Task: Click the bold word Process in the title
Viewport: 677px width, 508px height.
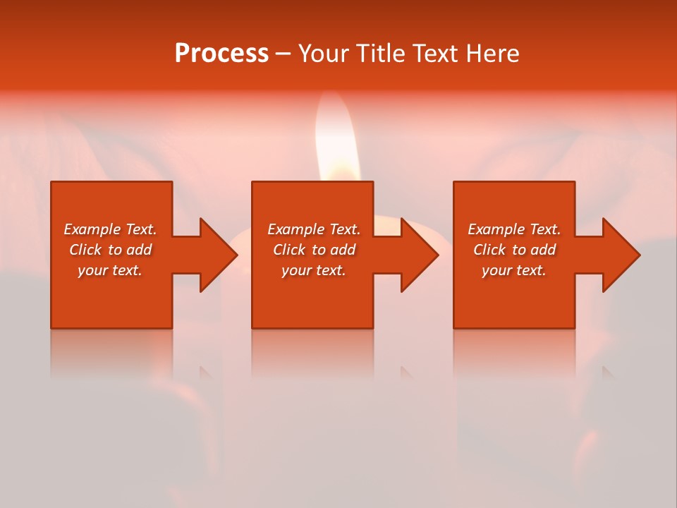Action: (221, 54)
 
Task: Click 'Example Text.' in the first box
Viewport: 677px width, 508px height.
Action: (110, 229)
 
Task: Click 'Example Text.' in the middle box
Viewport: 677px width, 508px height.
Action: (314, 229)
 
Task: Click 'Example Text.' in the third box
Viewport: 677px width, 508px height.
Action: (514, 229)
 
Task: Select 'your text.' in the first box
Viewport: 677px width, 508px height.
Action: (110, 270)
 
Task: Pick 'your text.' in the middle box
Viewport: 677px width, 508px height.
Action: (314, 270)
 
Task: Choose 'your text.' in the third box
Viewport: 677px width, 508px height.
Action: (514, 270)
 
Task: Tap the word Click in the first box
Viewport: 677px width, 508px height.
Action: (85, 250)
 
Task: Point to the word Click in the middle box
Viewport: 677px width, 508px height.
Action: (289, 250)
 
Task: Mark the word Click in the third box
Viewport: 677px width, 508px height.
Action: (489, 250)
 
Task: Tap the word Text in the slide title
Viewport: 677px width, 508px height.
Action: (437, 54)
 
